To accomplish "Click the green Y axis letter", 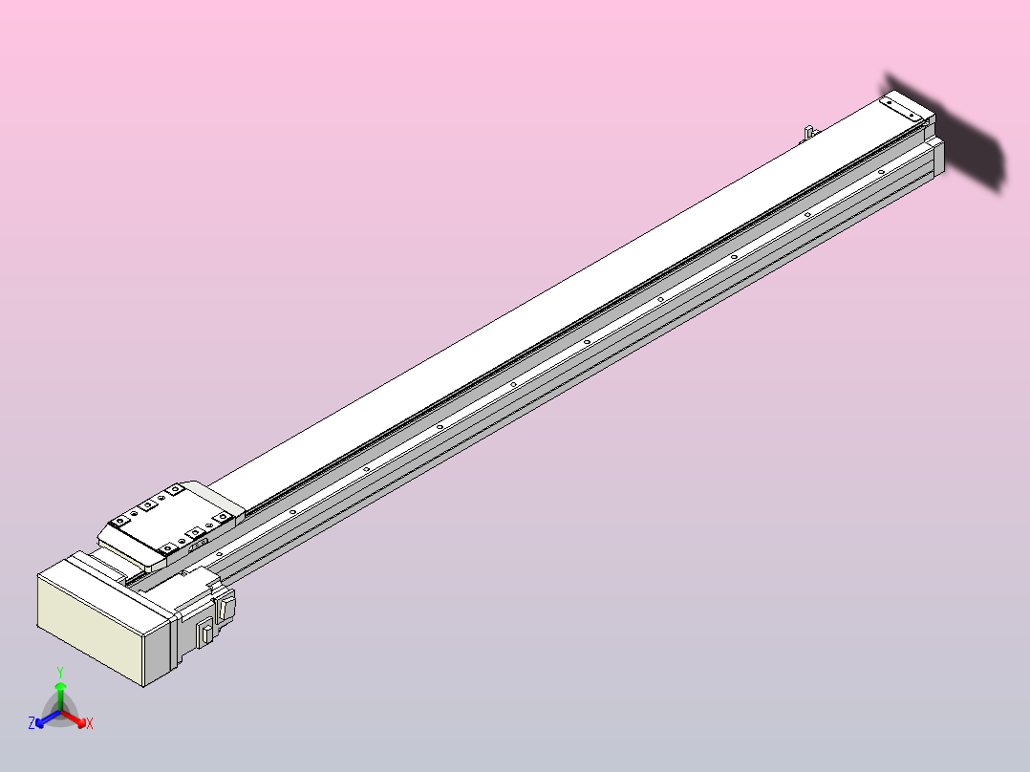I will point(59,672).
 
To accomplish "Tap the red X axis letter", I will point(90,724).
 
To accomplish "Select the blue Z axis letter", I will point(32,724).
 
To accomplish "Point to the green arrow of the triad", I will point(60,692).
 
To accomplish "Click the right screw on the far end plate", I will point(918,116).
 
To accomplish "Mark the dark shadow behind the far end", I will point(965,139).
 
